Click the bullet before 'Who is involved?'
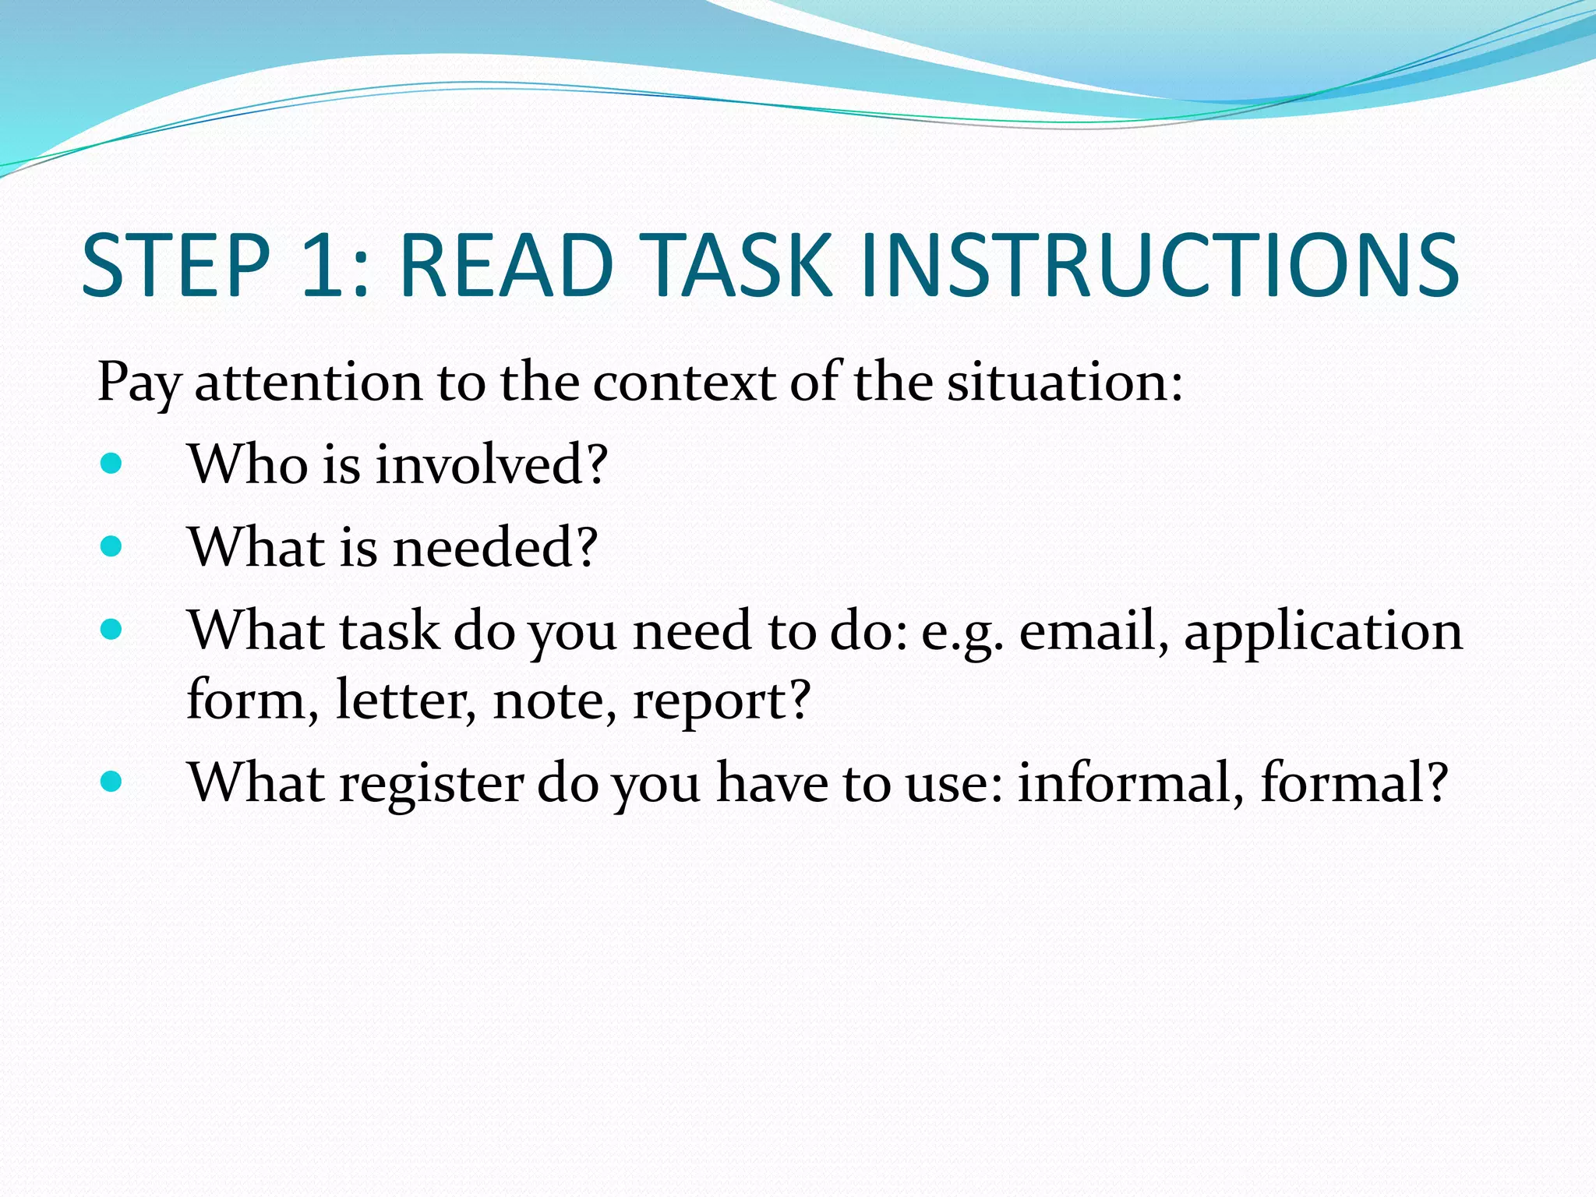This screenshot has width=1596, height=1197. point(111,464)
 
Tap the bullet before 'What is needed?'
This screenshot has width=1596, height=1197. point(111,546)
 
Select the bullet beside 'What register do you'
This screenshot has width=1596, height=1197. point(111,782)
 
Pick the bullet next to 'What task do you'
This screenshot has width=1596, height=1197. point(111,629)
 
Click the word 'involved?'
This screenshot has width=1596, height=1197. point(491,464)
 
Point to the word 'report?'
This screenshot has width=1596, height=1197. point(722,701)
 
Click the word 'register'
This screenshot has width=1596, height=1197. point(432,784)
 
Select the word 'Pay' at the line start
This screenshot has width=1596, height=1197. point(139,383)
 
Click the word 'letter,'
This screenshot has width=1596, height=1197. point(405,699)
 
